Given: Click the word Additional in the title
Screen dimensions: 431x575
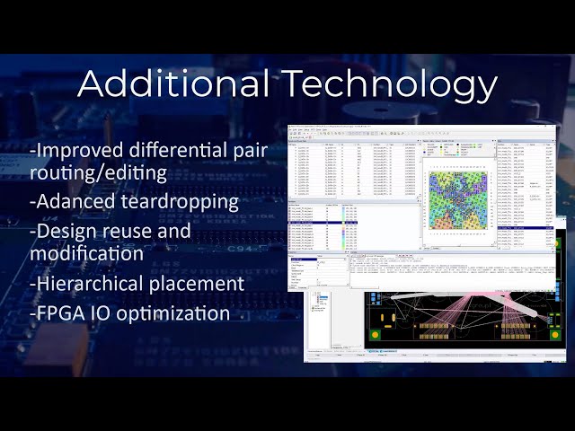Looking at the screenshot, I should (x=173, y=84).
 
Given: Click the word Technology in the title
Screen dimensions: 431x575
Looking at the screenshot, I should (x=391, y=84).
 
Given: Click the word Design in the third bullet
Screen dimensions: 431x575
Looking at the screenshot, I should (x=68, y=231).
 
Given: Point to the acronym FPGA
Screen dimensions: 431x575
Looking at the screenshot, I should (x=61, y=313).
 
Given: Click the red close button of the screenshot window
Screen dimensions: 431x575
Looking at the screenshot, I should (x=552, y=128).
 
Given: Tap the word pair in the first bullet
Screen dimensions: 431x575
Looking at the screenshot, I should (x=251, y=149).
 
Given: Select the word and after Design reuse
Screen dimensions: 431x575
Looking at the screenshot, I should (x=173, y=231).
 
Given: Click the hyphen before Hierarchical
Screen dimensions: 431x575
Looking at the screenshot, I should (x=32, y=285).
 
